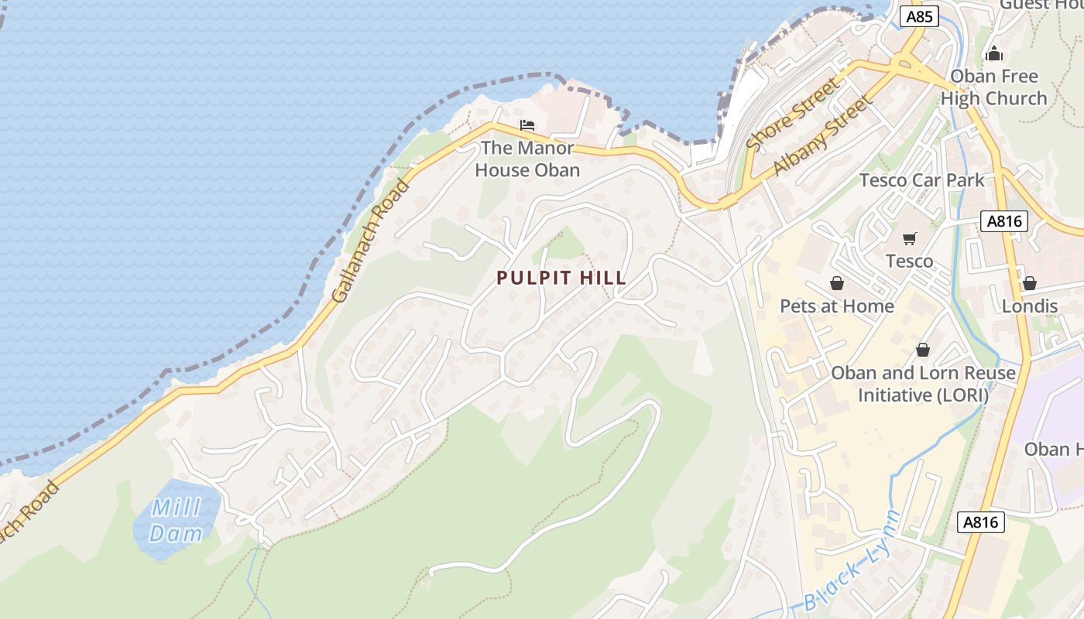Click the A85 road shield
[x=919, y=16]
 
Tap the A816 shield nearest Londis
[x=1005, y=221]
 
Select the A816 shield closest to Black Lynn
[x=981, y=522]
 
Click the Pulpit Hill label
[x=561, y=279]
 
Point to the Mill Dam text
[x=176, y=521]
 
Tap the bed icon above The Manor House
[x=527, y=125]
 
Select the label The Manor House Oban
[x=527, y=159]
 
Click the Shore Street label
[x=792, y=114]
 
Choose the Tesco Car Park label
[x=922, y=180]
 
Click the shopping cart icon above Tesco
[x=909, y=238]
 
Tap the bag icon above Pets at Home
[x=836, y=283]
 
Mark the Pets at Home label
[x=836, y=306]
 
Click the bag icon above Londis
[x=1029, y=283]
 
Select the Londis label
[x=1029, y=306]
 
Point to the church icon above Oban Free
[x=994, y=53]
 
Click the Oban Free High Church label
[x=994, y=87]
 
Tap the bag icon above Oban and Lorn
[x=922, y=350]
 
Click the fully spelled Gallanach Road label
[x=369, y=241]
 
